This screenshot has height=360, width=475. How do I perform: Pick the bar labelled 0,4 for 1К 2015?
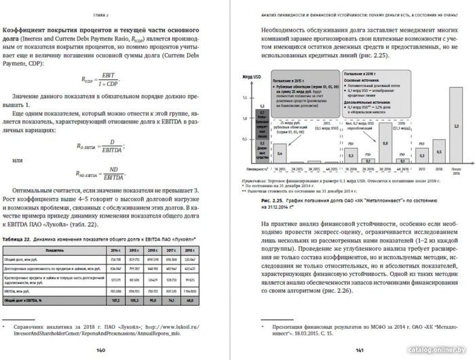(280, 155)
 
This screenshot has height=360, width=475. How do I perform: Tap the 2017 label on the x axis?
(401, 171)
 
